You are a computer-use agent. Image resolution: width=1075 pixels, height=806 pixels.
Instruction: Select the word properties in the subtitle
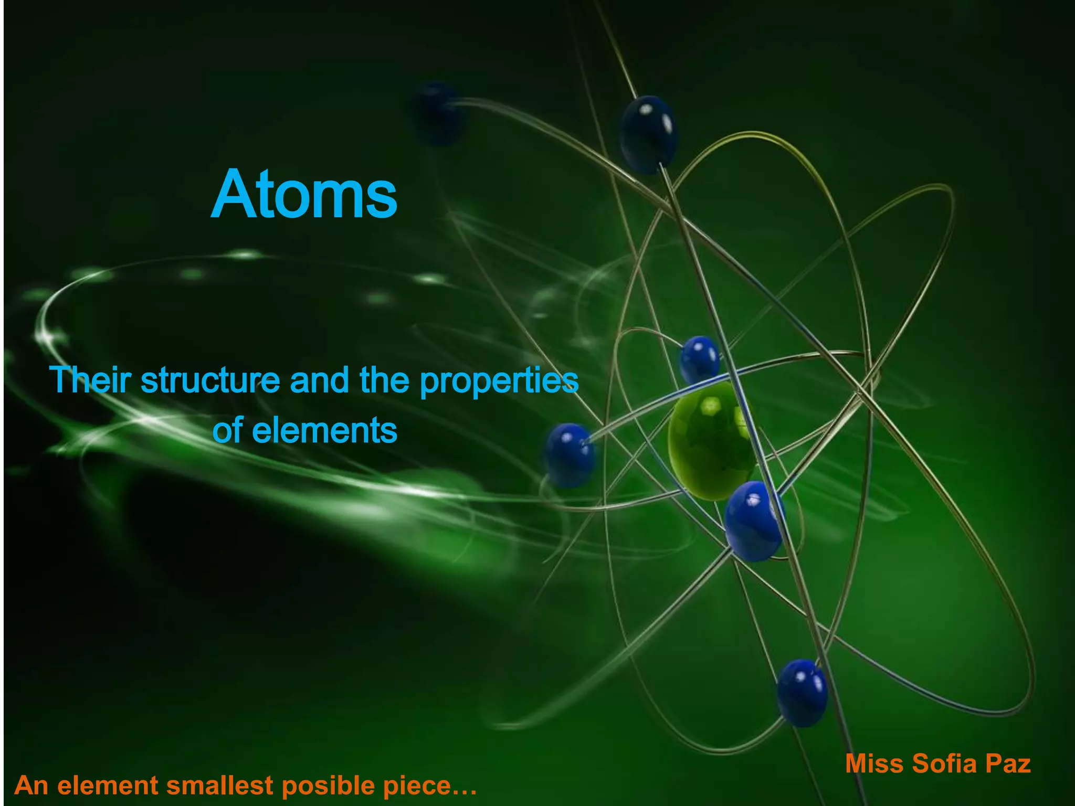[x=499, y=381]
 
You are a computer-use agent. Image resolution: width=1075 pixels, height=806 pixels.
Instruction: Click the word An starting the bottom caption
[x=31, y=786]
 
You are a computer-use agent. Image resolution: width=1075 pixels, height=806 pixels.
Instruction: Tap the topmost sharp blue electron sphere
[x=648, y=134]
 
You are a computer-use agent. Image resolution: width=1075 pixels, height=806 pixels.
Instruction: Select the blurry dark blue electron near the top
[x=436, y=113]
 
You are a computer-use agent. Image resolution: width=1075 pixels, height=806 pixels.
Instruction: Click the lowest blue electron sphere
[x=802, y=693]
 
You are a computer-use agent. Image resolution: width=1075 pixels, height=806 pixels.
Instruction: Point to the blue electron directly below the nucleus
[x=753, y=521]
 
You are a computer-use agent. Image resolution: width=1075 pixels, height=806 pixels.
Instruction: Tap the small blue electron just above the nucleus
[x=699, y=359]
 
